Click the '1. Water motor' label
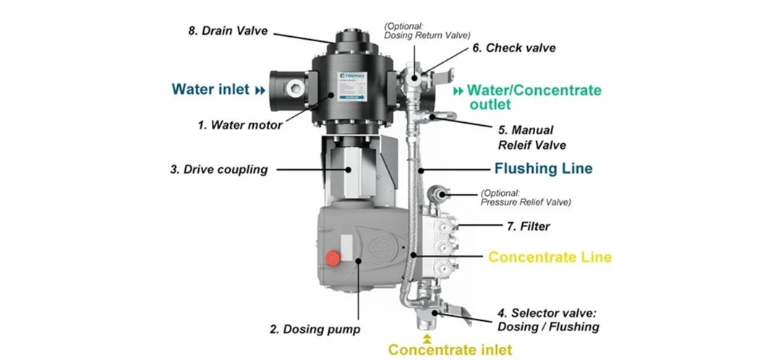(240, 124)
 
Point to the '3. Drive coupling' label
(218, 170)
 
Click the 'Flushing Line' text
(543, 168)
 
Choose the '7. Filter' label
(528, 226)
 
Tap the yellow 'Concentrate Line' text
(550, 257)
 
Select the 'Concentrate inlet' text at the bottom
(450, 350)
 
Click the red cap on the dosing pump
(334, 258)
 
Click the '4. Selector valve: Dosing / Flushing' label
(548, 320)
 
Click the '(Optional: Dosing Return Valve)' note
(427, 30)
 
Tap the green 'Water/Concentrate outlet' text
(534, 97)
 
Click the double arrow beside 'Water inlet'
(260, 90)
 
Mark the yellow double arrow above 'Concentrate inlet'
(427, 337)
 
